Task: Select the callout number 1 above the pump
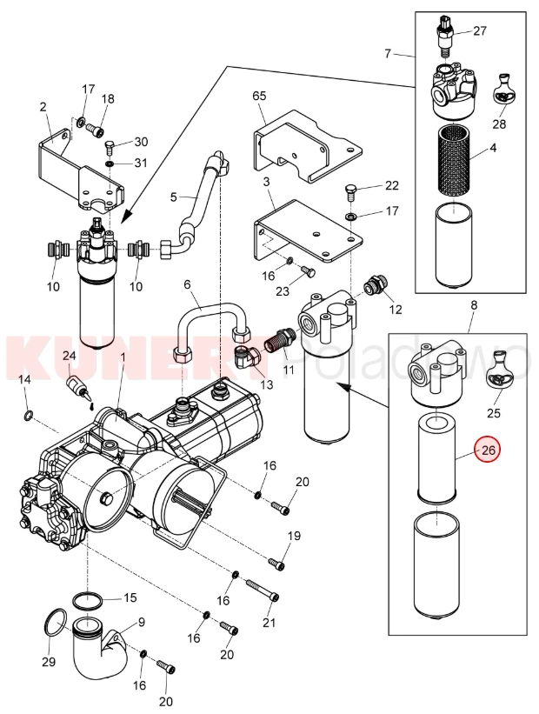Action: coord(123,357)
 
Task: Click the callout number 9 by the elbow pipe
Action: coord(141,623)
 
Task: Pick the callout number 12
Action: coord(396,309)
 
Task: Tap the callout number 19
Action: coord(294,536)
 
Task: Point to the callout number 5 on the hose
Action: coord(173,197)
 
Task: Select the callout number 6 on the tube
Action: coord(187,284)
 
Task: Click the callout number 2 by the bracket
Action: coord(43,107)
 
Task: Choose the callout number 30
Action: coord(141,142)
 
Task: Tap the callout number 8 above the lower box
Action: coord(474,305)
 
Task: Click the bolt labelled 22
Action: coord(350,189)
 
